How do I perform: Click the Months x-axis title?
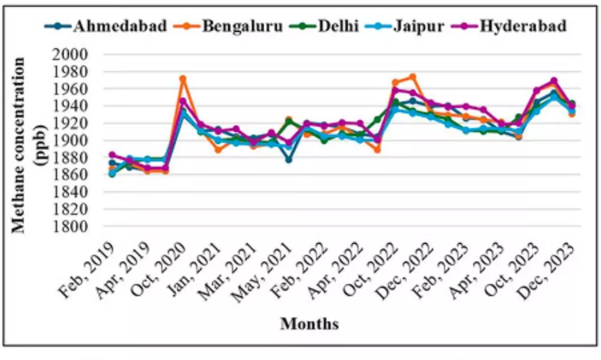coord(309,325)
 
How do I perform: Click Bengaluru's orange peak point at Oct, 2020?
coord(183,78)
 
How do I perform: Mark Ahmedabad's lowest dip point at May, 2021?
coord(289,160)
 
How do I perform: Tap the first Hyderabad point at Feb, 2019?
coord(112,155)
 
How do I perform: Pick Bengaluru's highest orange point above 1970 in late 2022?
coord(412,77)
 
